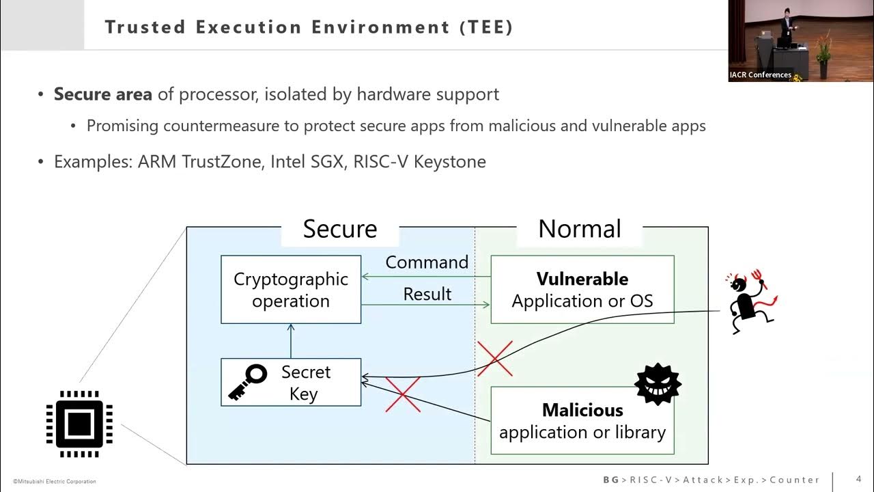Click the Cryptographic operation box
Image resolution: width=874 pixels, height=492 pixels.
(x=291, y=290)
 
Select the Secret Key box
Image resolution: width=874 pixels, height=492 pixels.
(x=291, y=383)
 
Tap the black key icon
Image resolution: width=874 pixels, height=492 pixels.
(x=246, y=382)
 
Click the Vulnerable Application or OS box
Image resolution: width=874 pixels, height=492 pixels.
(x=582, y=290)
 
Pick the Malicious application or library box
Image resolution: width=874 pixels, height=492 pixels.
(x=582, y=421)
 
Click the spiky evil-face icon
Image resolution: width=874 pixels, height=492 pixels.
(x=658, y=385)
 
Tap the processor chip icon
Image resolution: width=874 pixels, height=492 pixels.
(x=79, y=424)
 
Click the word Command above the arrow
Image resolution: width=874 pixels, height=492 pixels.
(x=427, y=262)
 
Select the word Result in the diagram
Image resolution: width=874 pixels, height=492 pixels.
(x=427, y=294)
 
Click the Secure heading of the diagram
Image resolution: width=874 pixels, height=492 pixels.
(x=340, y=229)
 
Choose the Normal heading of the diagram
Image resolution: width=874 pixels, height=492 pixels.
(x=580, y=229)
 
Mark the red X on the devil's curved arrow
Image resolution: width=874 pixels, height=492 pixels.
(x=495, y=359)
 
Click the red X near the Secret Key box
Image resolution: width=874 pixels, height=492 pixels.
(x=403, y=394)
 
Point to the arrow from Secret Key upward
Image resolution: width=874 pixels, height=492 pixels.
(x=291, y=340)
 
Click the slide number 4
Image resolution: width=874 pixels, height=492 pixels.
(x=858, y=479)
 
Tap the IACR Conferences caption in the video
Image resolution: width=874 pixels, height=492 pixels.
(x=760, y=75)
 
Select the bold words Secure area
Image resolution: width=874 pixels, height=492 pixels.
(x=103, y=94)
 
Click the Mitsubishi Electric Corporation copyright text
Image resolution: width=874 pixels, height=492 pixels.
(x=55, y=482)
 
